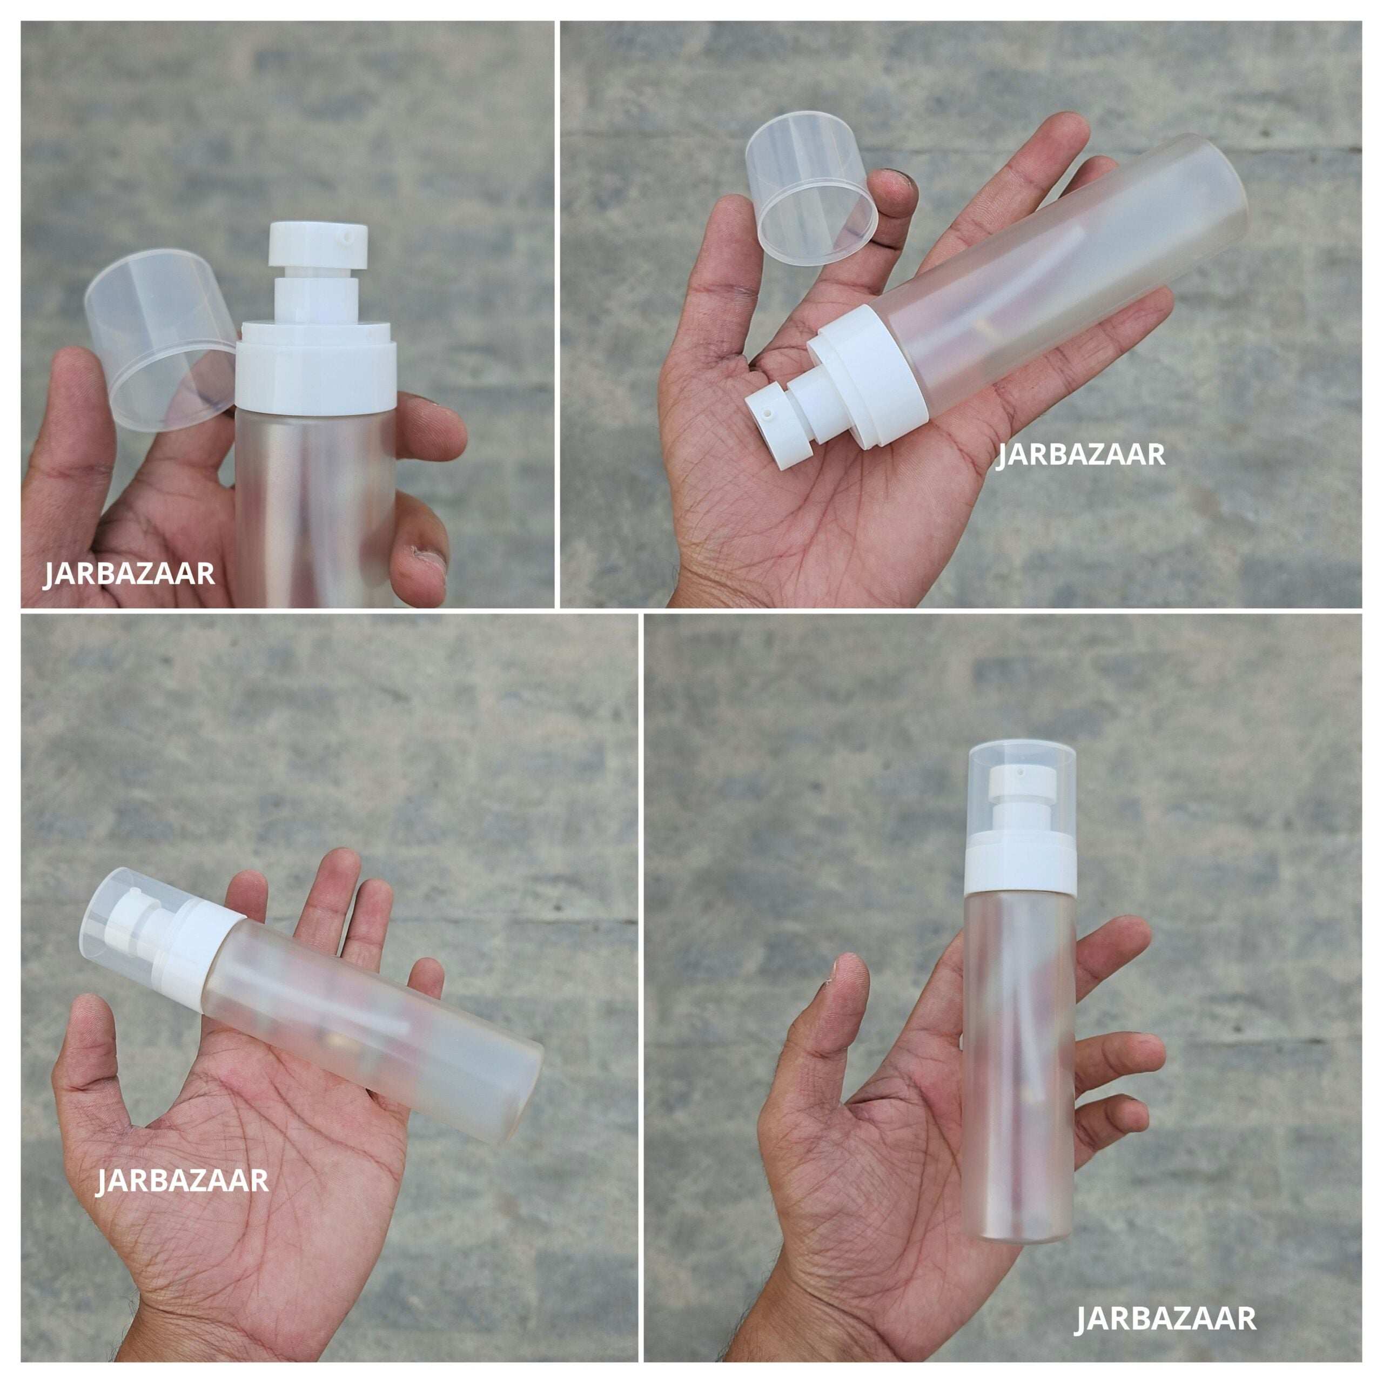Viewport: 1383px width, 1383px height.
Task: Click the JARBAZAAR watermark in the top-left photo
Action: (129, 574)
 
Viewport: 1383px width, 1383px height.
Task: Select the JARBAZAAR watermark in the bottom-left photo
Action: (183, 1180)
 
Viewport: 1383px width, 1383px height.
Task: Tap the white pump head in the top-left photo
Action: (319, 244)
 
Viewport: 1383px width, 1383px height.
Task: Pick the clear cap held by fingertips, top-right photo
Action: (811, 187)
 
